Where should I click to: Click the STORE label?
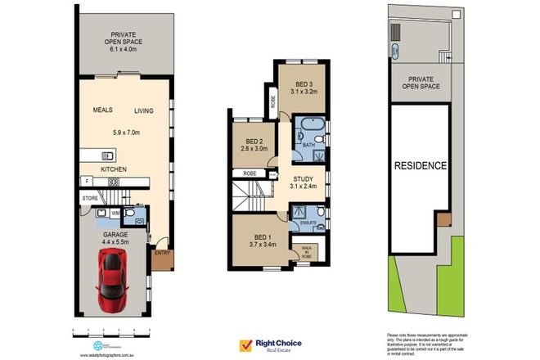click(89, 198)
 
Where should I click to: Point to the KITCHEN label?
click(114, 169)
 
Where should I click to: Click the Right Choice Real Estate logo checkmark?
click(245, 346)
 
